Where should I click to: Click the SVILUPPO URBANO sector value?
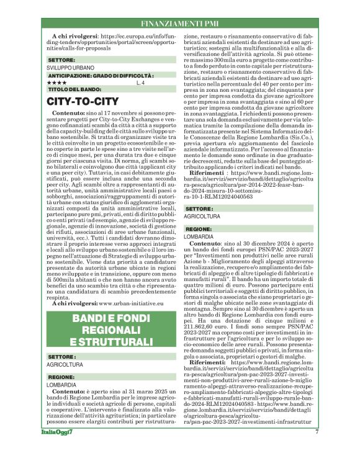pyautogui.click(x=71, y=67)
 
